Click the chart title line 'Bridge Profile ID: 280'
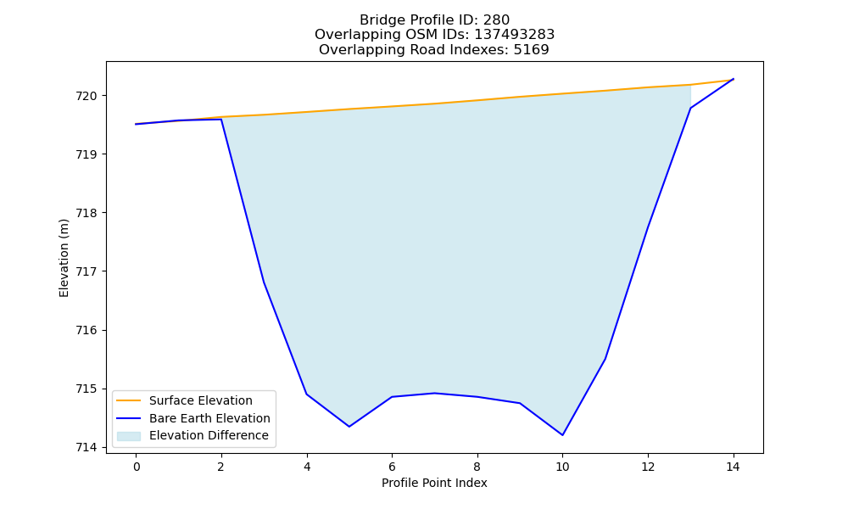click(x=434, y=20)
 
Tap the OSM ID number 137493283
click(x=515, y=35)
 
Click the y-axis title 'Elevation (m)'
click(x=64, y=258)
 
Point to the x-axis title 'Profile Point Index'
click(x=434, y=483)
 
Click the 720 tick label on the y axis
click(x=86, y=96)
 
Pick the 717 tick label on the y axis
click(x=86, y=271)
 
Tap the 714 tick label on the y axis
click(x=86, y=447)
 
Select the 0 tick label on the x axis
click(x=137, y=467)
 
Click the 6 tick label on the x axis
click(x=392, y=467)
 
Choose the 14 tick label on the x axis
click(x=733, y=467)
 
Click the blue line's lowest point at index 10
click(x=562, y=435)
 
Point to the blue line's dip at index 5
click(x=349, y=426)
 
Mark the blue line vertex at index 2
click(x=221, y=119)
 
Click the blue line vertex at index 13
click(x=690, y=109)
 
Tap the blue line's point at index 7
click(x=435, y=394)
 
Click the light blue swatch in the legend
click(x=129, y=436)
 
